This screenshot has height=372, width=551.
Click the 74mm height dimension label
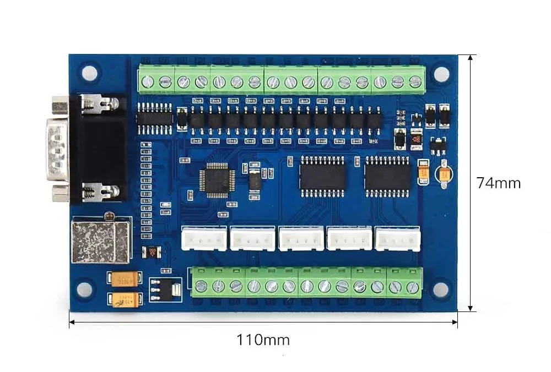click(x=499, y=183)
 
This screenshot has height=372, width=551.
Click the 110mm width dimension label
click(x=263, y=340)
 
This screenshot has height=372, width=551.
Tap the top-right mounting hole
click(x=440, y=73)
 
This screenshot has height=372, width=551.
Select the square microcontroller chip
click(x=217, y=180)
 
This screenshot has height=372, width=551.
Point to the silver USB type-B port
click(x=100, y=240)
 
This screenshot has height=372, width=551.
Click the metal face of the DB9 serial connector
click(x=57, y=149)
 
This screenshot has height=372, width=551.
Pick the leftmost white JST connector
click(x=204, y=239)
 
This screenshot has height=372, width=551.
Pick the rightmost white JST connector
click(x=397, y=239)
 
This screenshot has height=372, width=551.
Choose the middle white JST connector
click(x=301, y=239)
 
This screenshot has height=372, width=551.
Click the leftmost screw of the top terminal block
click(x=148, y=83)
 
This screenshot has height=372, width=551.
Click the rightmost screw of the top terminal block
click(x=415, y=83)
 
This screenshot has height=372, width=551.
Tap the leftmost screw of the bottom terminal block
click(x=202, y=286)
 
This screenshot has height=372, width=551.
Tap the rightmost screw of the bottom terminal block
click(x=413, y=287)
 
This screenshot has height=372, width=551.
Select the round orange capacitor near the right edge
click(x=444, y=174)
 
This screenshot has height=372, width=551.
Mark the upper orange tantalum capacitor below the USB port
click(x=122, y=280)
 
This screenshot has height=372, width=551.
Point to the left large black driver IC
click(x=322, y=176)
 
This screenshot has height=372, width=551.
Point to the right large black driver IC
click(x=388, y=176)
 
